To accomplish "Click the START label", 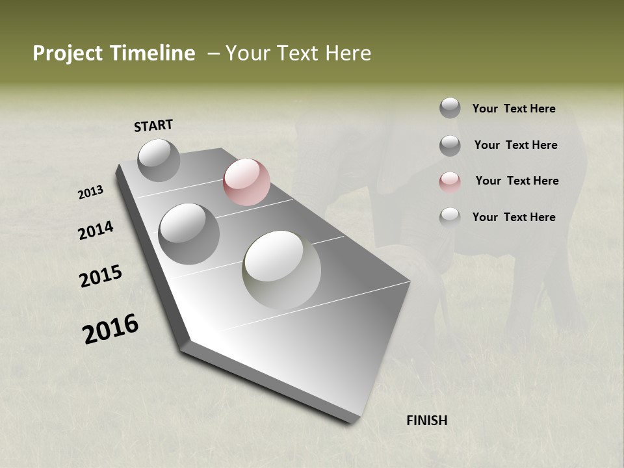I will [x=153, y=125].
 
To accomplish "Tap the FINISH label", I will [x=427, y=421].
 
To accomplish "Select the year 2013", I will [x=90, y=192].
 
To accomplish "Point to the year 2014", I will [x=96, y=231].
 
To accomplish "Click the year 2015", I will [x=101, y=276].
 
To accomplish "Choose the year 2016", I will [x=110, y=328].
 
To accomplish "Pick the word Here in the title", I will [x=348, y=53].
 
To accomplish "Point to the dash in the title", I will [x=213, y=53].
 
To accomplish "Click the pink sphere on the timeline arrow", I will [x=246, y=182].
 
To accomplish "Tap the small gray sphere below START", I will [x=159, y=160].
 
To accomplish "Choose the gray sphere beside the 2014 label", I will [x=189, y=233].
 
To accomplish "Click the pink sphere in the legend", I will [x=450, y=181].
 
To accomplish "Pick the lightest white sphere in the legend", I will [x=450, y=217].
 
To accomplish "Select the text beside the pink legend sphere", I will [x=517, y=181].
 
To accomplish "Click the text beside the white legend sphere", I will [x=513, y=217].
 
